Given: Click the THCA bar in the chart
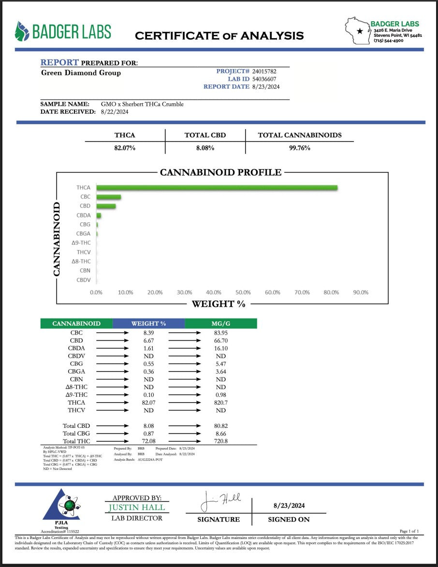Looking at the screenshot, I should (217, 188).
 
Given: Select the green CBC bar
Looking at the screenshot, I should (109, 197).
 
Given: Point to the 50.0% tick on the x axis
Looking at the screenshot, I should (243, 292).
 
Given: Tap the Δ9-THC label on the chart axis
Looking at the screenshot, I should (81, 243).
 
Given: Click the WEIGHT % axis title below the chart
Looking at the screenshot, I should (219, 304).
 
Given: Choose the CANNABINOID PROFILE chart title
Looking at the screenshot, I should (220, 173).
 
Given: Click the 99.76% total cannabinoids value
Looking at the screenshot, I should (299, 148).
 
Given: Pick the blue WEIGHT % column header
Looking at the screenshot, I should (148, 323).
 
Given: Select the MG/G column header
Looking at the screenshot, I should (221, 323).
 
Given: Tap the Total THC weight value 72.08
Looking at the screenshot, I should (148, 442).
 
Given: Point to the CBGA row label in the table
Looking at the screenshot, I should (76, 372).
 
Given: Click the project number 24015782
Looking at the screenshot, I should (266, 71).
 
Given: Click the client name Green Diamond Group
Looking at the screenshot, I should (81, 73).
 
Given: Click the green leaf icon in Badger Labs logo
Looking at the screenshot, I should (22, 31).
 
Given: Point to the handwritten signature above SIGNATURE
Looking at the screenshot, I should (220, 501).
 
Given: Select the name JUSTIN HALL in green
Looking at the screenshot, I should (137, 508).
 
